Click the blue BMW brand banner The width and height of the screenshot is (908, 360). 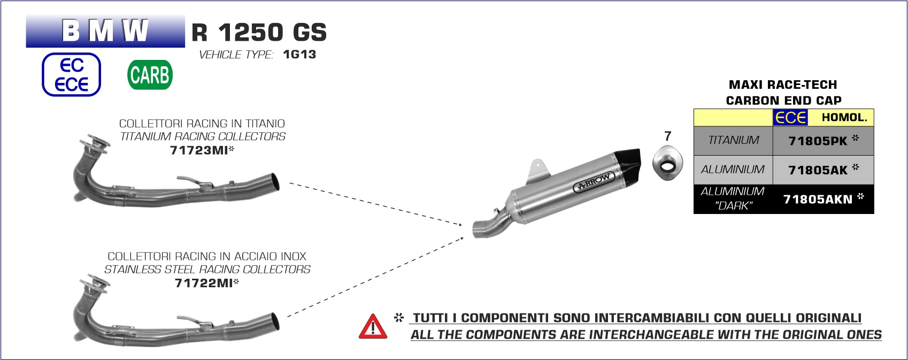click(105, 31)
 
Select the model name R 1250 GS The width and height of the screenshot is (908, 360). click(259, 33)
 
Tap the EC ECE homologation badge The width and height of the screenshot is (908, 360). click(71, 75)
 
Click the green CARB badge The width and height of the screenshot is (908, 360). click(150, 75)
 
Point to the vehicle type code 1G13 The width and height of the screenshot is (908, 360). click(299, 55)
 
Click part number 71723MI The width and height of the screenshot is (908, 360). click(199, 151)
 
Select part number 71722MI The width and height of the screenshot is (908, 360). click(204, 284)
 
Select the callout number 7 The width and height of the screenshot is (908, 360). click(667, 136)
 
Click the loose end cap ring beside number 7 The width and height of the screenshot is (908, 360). click(667, 165)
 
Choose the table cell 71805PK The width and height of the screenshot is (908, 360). click(818, 141)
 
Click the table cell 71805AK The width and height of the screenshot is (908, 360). click(818, 171)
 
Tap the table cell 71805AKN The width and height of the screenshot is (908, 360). click(818, 200)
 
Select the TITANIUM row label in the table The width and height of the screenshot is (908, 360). click(733, 141)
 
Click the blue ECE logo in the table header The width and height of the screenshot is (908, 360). click(790, 118)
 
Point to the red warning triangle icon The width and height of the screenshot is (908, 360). click(373, 326)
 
